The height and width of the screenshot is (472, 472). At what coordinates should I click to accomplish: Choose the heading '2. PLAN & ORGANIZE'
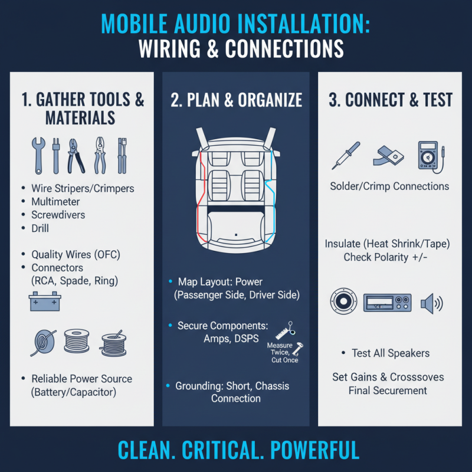(236, 100)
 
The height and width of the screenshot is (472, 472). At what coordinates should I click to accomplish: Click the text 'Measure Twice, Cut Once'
(282, 352)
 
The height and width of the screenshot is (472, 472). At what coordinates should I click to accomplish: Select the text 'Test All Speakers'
(391, 353)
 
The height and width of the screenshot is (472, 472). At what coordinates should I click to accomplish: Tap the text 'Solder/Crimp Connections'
(389, 186)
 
